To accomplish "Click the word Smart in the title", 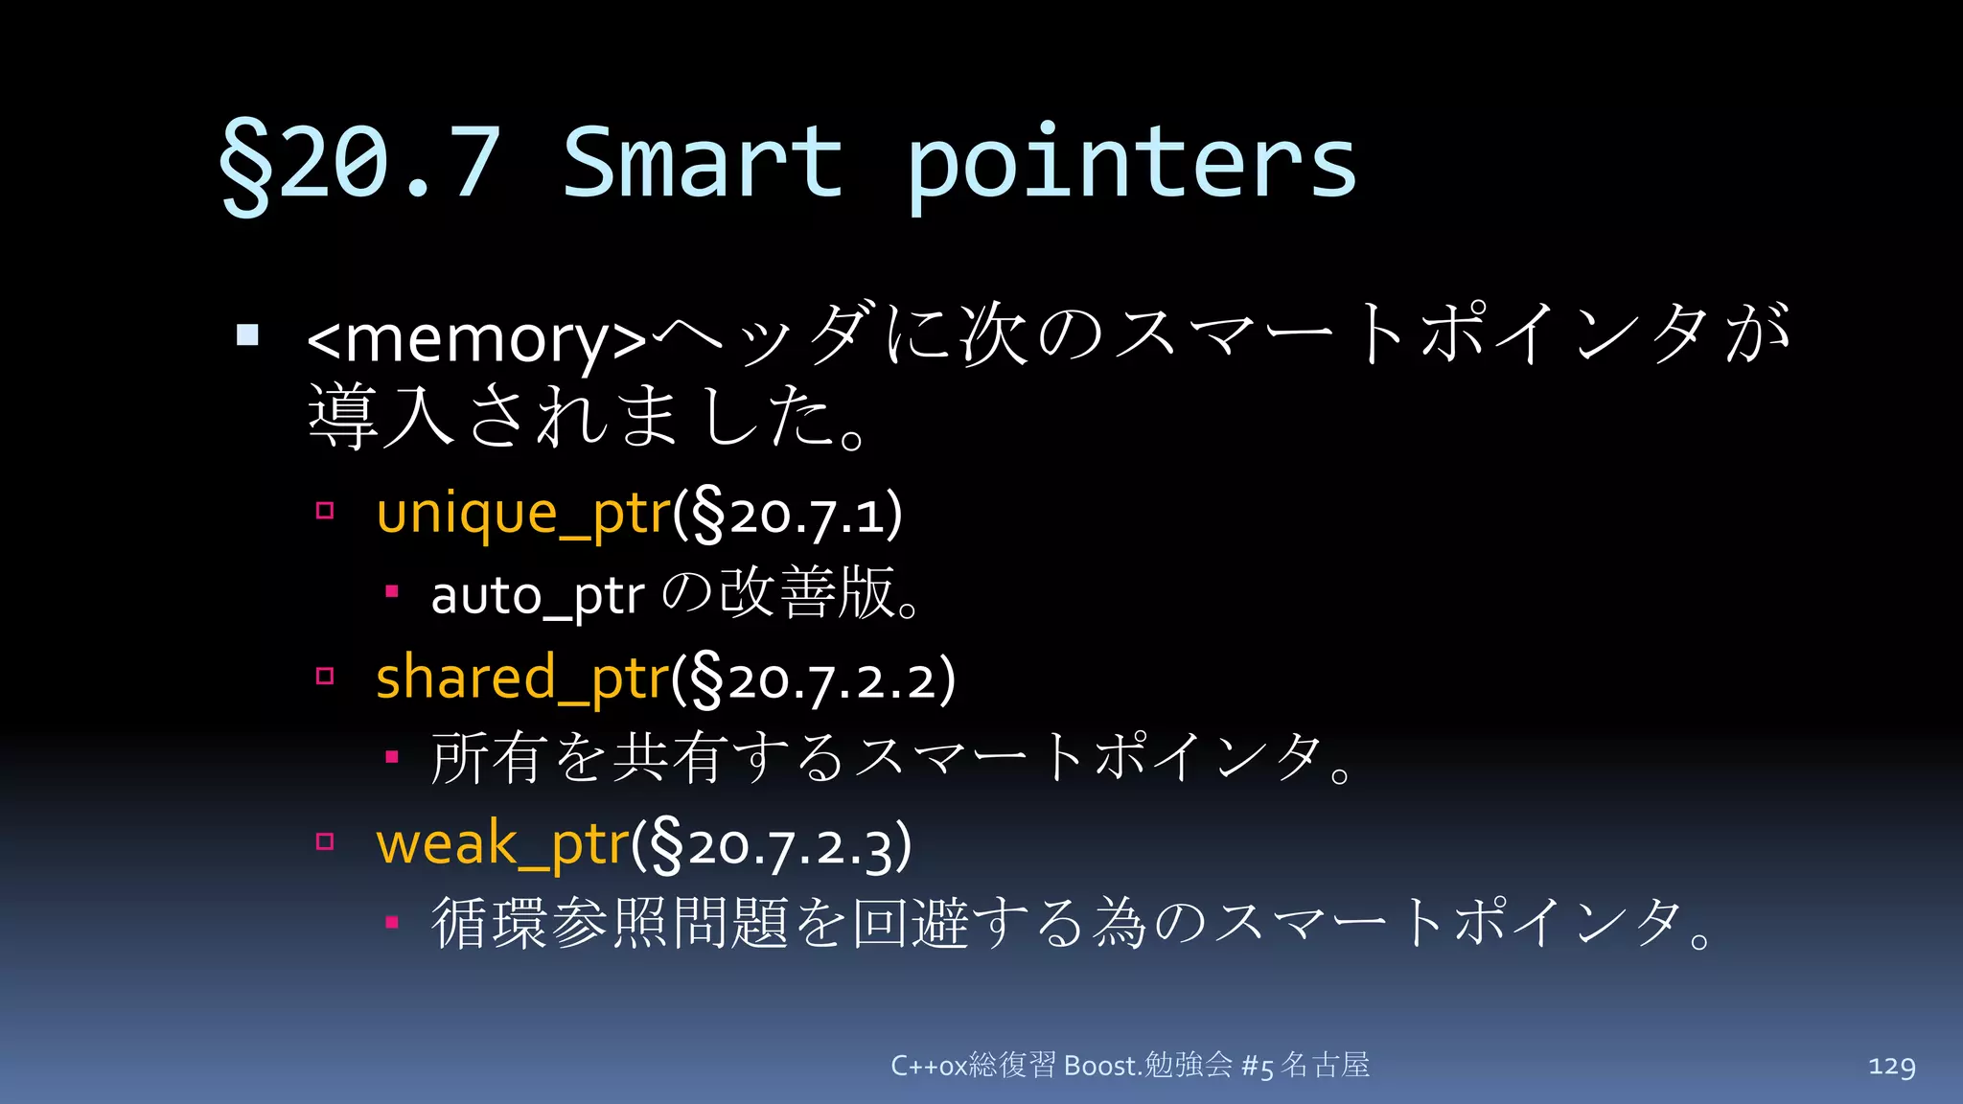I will pyautogui.click(x=702, y=163).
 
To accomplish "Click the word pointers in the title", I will pyautogui.click(x=1131, y=165).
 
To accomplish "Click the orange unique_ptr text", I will pyautogui.click(x=523, y=514).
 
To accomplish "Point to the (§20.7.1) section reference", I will pyautogui.click(x=788, y=516).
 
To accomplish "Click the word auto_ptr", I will pyautogui.click(x=537, y=596).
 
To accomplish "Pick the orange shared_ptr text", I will pyautogui.click(x=522, y=678).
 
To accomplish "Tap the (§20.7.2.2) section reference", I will pyautogui.click(x=814, y=680).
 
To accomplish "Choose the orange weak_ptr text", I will pyautogui.click(x=502, y=845).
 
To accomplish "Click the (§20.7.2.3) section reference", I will pyautogui.click(x=772, y=847).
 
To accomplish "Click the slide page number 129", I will pyautogui.click(x=1891, y=1066).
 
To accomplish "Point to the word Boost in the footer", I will pyautogui.click(x=1100, y=1066).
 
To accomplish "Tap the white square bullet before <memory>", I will pyautogui.click(x=248, y=334).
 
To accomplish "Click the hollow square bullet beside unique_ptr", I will pyautogui.click(x=325, y=511).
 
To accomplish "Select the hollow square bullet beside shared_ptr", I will pyautogui.click(x=325, y=677).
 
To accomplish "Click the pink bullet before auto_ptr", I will pyautogui.click(x=391, y=591).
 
